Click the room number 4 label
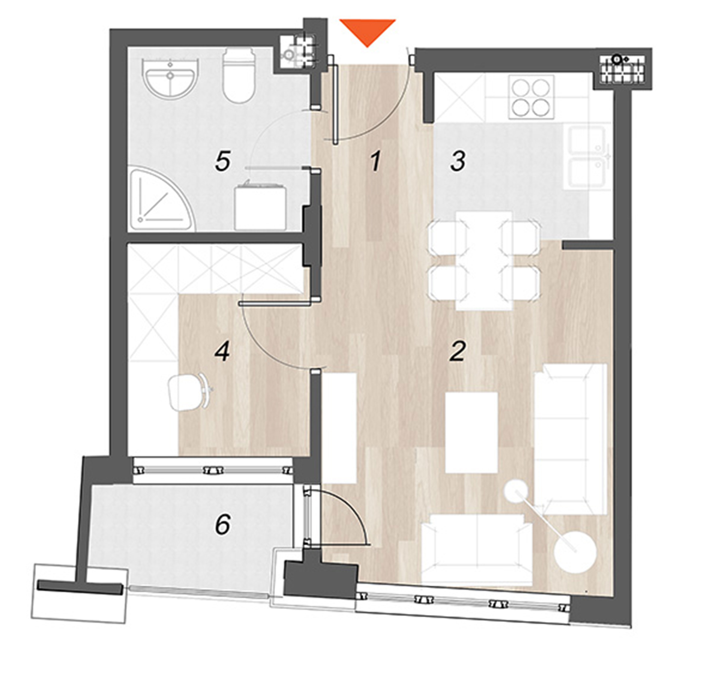pos(222,351)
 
